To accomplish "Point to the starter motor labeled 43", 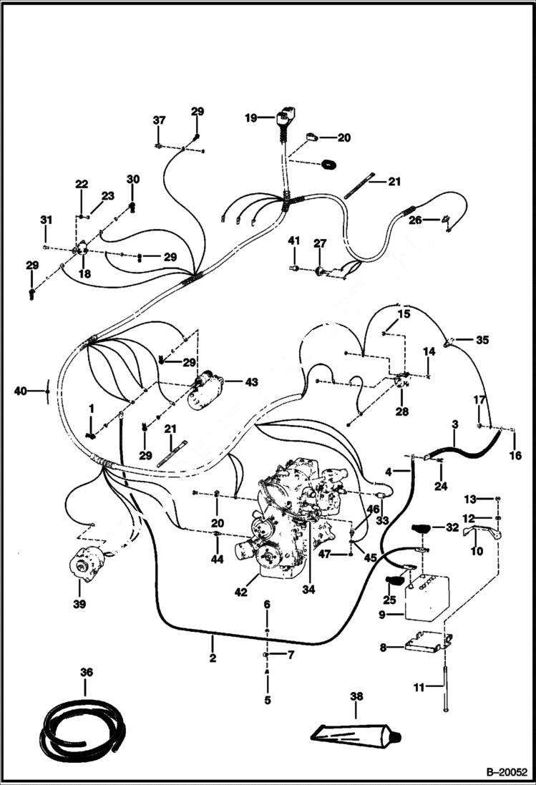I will tap(204, 391).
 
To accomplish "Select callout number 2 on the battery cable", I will tap(213, 657).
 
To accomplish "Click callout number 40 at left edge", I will tap(20, 391).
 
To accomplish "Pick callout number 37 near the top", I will tap(158, 120).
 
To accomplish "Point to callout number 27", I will tap(319, 243).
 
